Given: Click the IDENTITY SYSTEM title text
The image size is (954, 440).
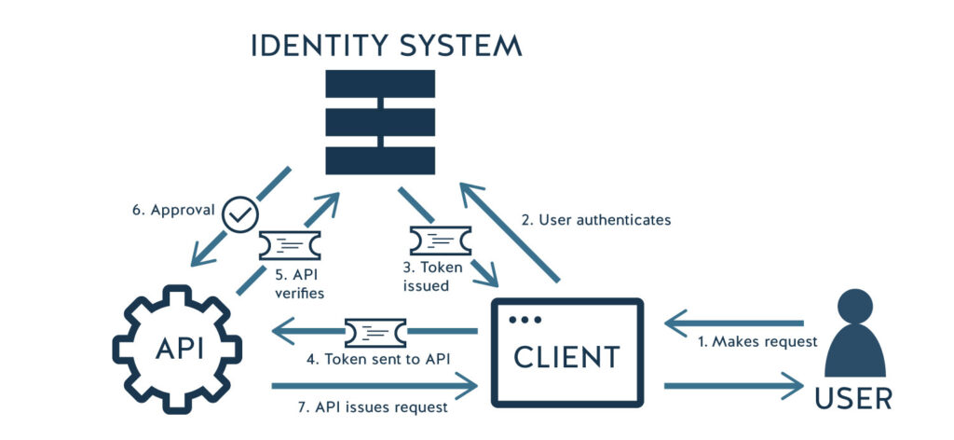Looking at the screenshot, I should coord(387,46).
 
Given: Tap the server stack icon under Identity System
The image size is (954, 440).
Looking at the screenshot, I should coord(380,121).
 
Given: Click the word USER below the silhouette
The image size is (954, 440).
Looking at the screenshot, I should coord(853,398).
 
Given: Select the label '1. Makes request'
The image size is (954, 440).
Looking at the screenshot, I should coord(757,341).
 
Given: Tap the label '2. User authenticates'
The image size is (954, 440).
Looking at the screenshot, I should coord(595,221).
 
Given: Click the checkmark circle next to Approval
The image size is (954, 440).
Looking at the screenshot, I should coord(239,214).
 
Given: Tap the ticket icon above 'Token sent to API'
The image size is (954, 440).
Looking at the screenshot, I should coord(375,331).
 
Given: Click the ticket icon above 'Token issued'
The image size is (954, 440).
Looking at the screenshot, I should coord(440,241).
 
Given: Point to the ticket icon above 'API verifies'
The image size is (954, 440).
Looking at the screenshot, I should coord(290,246).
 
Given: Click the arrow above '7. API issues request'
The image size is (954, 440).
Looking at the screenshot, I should coord(373,384).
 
